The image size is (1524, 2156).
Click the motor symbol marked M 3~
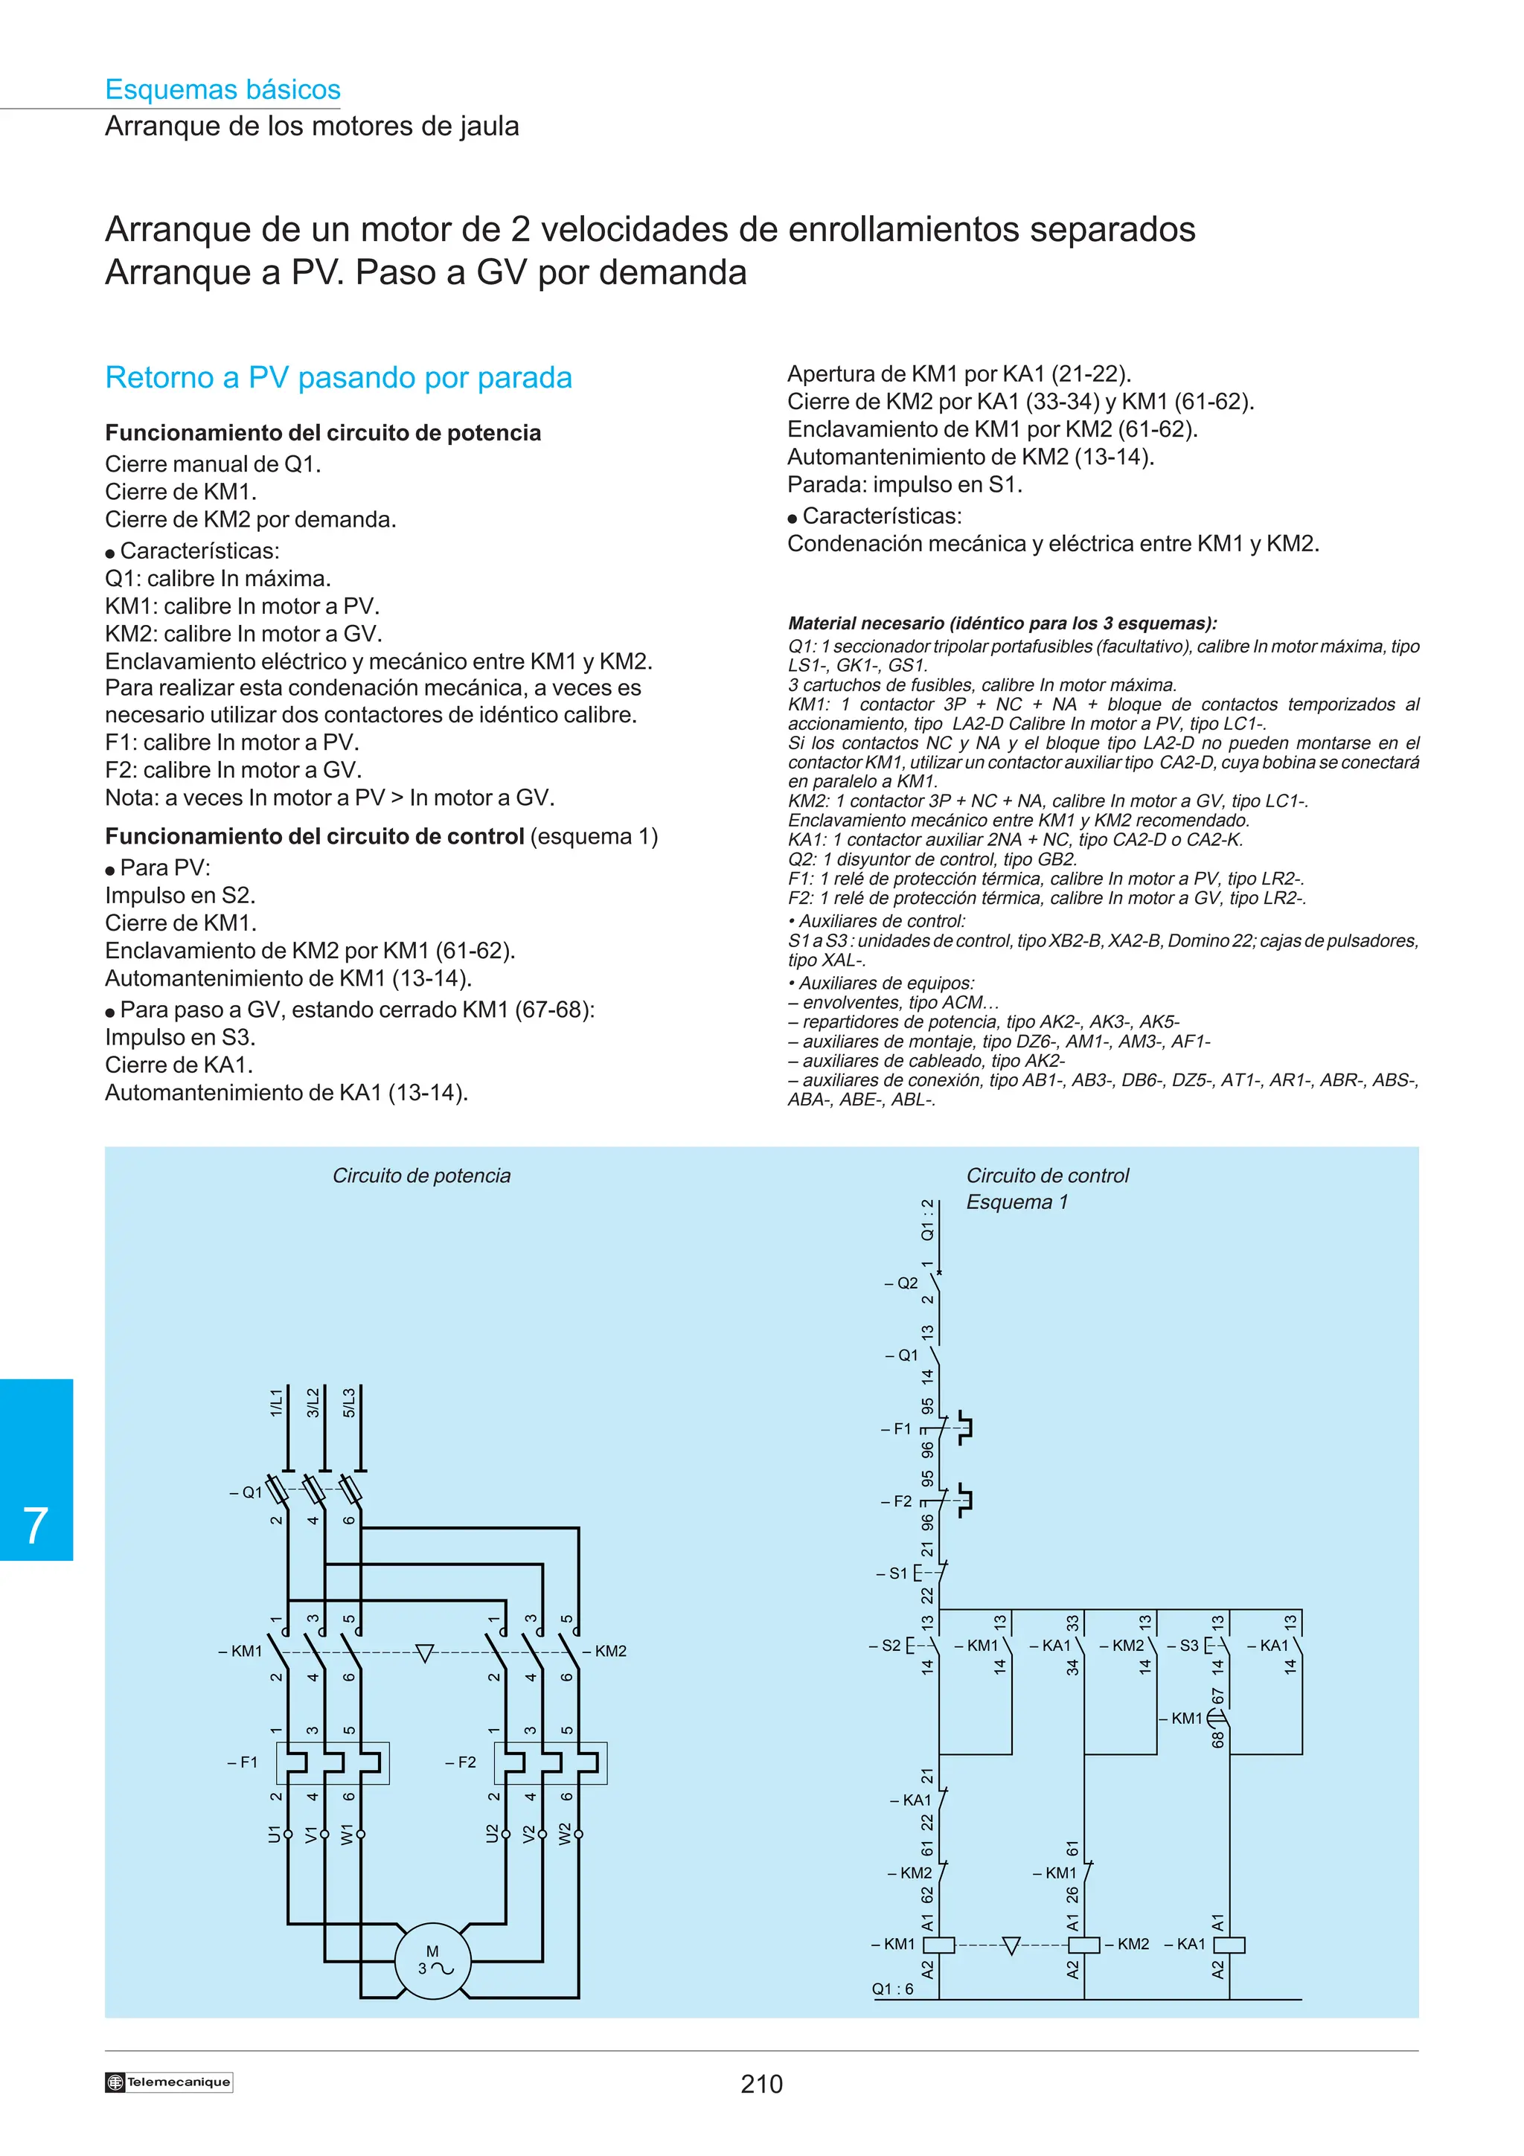(x=432, y=1959)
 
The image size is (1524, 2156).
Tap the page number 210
(x=761, y=2084)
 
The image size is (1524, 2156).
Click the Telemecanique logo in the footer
(x=169, y=2082)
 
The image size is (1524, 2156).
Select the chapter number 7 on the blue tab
(x=36, y=1525)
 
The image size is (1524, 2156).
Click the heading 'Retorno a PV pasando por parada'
(x=338, y=377)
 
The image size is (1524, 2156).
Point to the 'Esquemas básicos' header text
(x=222, y=89)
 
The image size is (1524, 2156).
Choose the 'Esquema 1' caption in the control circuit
(x=1017, y=1202)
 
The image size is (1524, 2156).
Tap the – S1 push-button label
(x=894, y=1573)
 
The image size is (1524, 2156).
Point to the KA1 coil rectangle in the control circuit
(x=1229, y=1945)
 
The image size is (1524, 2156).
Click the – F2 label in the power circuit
(x=461, y=1762)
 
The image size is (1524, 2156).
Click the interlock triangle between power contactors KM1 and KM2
(x=424, y=1652)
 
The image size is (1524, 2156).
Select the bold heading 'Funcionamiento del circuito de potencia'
(x=323, y=433)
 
